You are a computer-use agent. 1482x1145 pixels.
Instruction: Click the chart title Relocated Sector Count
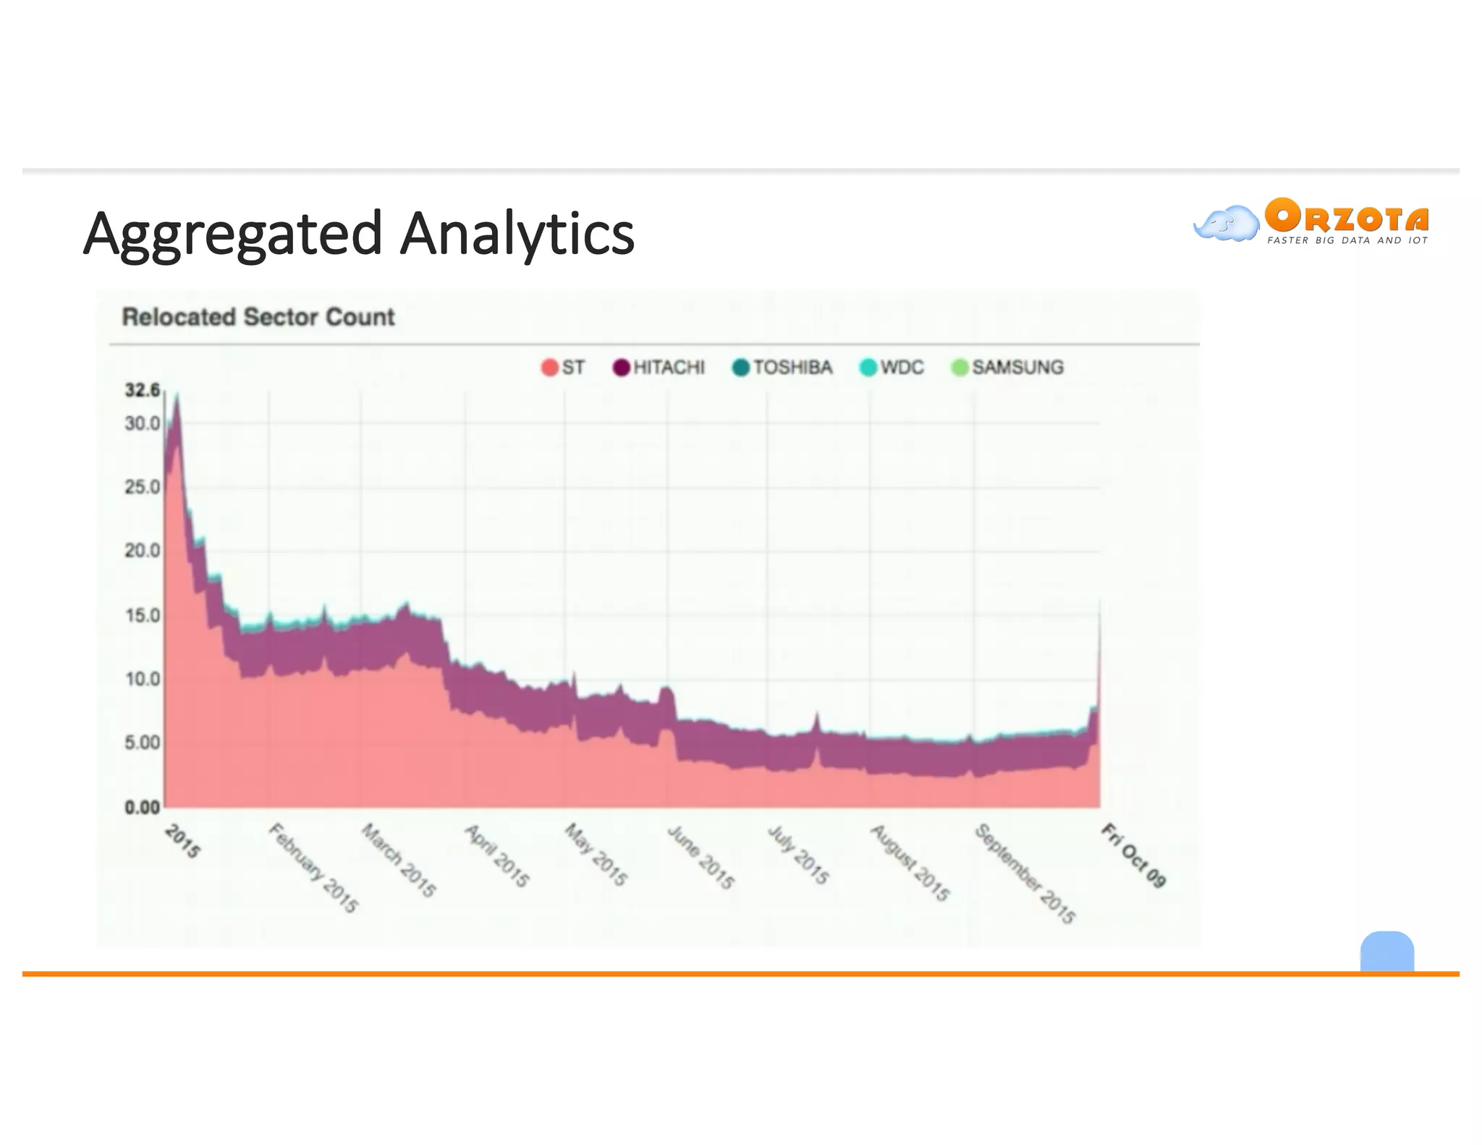pyautogui.click(x=258, y=317)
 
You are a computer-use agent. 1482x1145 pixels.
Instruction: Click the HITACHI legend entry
pyautogui.click(x=659, y=368)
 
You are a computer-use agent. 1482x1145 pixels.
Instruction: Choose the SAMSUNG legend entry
pyautogui.click(x=1007, y=368)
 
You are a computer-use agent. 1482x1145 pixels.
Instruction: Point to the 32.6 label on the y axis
pyautogui.click(x=142, y=391)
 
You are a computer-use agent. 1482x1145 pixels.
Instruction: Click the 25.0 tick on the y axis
pyautogui.click(x=142, y=487)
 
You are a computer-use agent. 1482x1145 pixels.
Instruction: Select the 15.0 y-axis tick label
pyautogui.click(x=142, y=615)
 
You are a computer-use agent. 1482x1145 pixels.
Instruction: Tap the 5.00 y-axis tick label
pyautogui.click(x=142, y=743)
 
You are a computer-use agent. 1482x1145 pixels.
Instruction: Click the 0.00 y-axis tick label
pyautogui.click(x=142, y=807)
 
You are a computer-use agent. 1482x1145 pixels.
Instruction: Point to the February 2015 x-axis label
pyautogui.click(x=313, y=868)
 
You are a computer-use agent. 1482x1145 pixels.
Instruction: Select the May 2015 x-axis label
pyautogui.click(x=596, y=855)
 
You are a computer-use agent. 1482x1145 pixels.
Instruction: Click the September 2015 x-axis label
pyautogui.click(x=1025, y=874)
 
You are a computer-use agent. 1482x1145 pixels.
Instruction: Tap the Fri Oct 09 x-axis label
pyautogui.click(x=1133, y=855)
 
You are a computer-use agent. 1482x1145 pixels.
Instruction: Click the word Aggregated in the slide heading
pyautogui.click(x=232, y=234)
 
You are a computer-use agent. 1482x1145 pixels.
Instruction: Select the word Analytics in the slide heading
pyautogui.click(x=517, y=234)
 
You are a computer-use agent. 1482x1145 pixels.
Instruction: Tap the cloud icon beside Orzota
pyautogui.click(x=1225, y=224)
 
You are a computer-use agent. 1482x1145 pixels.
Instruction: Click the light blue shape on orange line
pyautogui.click(x=1386, y=951)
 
